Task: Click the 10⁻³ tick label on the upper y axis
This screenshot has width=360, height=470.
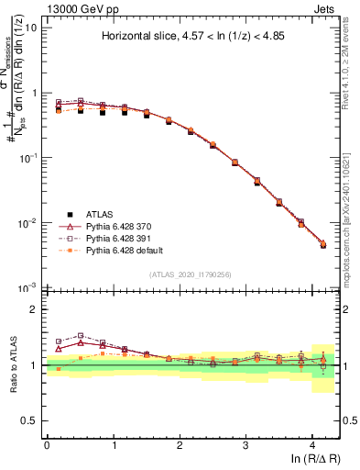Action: tap(27, 288)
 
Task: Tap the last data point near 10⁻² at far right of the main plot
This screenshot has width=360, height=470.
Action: tap(322, 245)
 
